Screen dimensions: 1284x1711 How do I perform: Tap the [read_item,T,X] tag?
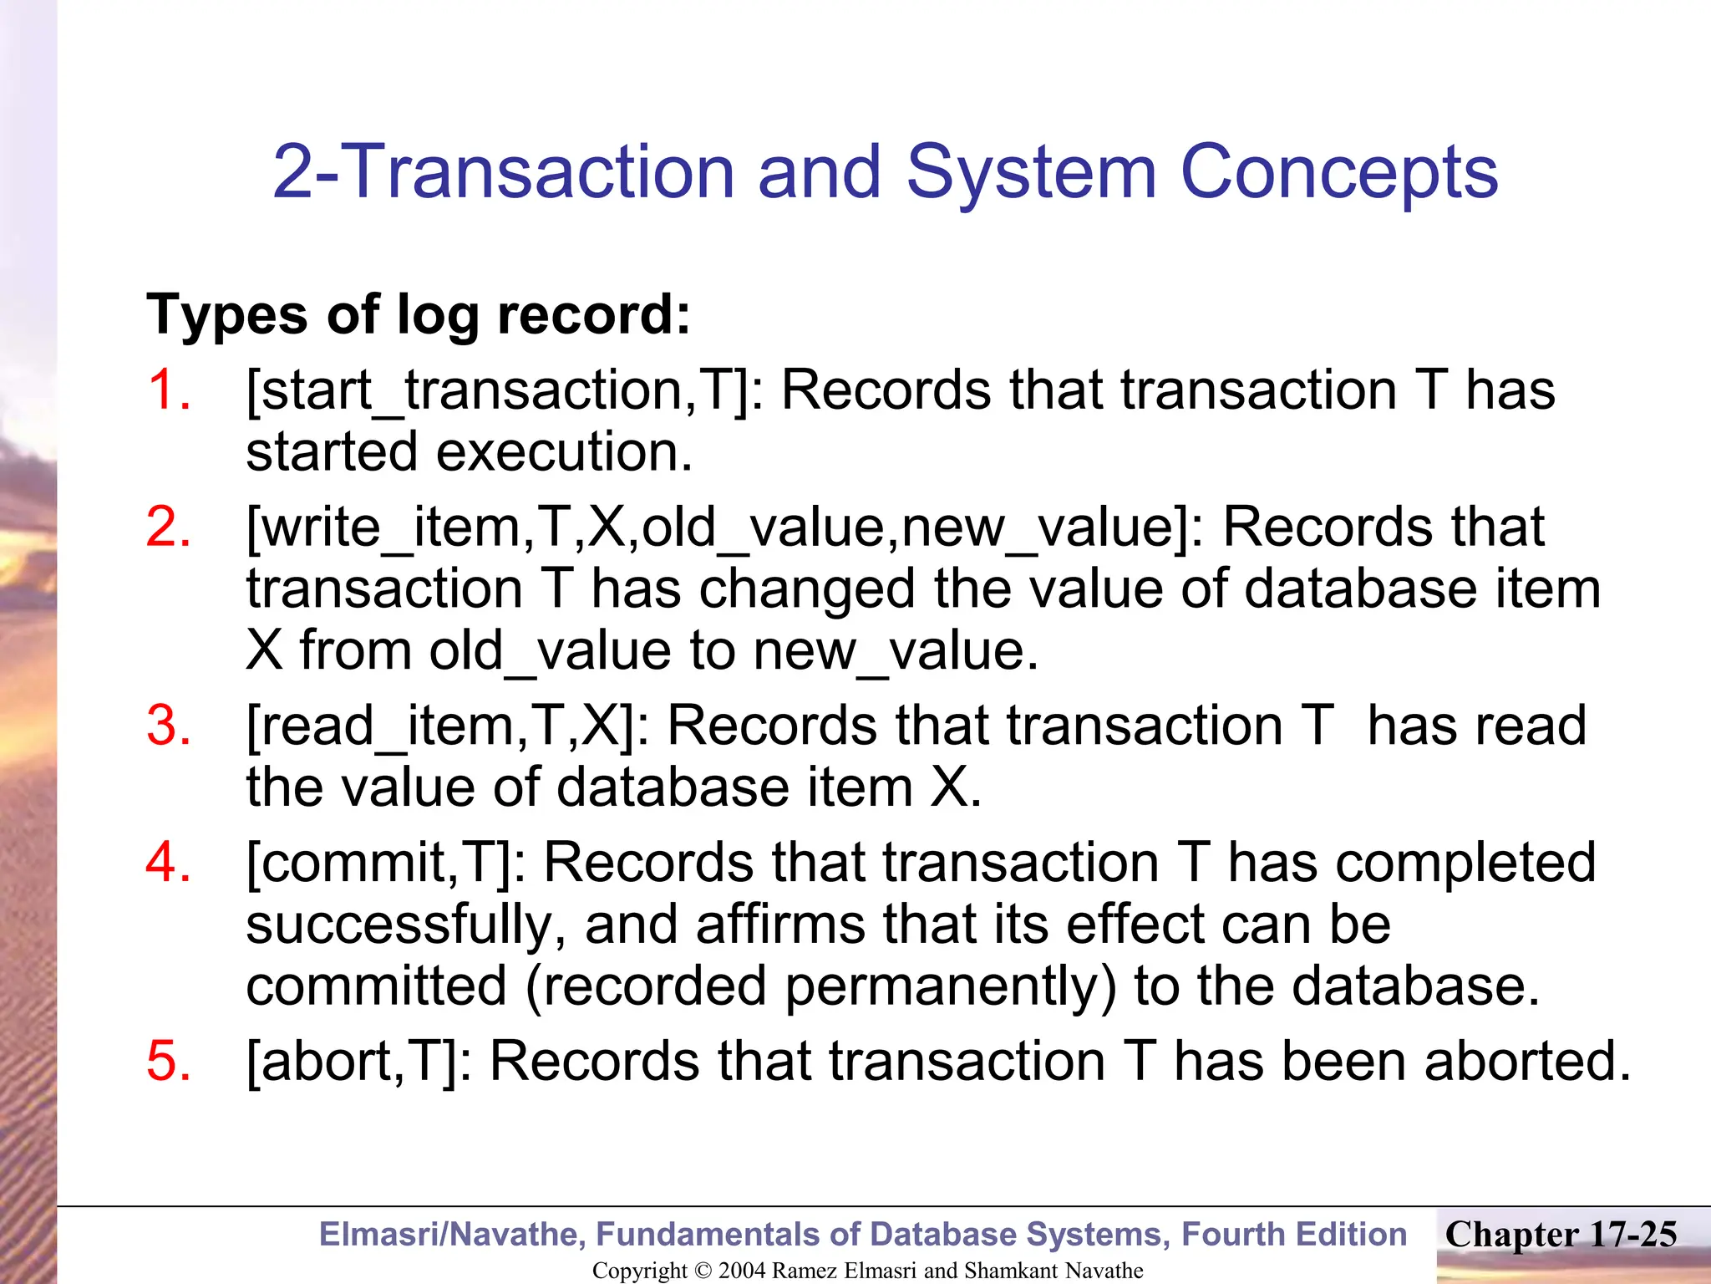(448, 726)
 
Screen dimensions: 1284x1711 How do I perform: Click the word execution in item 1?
(564, 453)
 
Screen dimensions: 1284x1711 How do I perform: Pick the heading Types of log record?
(419, 315)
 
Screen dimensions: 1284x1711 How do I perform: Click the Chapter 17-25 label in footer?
(1561, 1235)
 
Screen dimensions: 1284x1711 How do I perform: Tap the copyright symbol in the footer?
(703, 1271)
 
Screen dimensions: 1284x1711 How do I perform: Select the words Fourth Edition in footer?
(1294, 1235)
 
